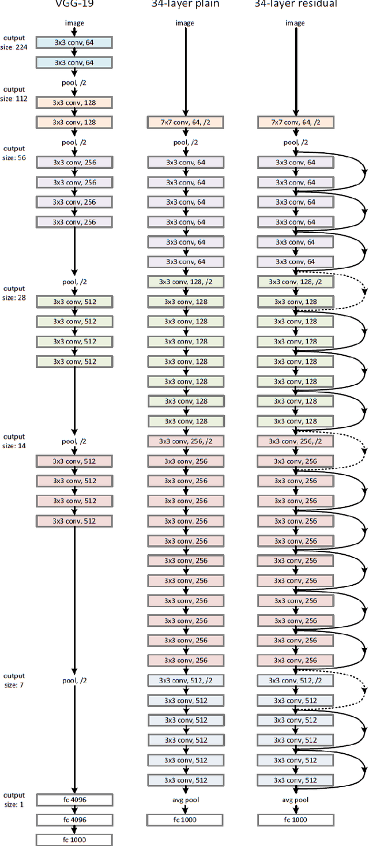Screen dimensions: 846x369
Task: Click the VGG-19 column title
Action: [74, 3]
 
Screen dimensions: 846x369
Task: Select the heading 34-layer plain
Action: [184, 3]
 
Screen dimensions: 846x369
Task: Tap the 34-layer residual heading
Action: [295, 3]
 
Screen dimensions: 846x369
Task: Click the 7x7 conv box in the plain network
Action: [184, 122]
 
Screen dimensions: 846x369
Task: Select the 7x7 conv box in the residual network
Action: [295, 122]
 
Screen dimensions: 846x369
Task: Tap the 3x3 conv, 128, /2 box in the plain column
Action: [184, 281]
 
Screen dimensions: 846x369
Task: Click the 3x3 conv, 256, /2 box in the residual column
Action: [295, 441]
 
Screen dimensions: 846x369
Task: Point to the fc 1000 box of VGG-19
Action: [74, 839]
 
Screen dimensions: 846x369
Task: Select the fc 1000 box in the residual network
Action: [295, 819]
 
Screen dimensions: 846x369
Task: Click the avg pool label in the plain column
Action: [184, 800]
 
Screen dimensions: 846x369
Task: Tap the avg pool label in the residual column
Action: [295, 800]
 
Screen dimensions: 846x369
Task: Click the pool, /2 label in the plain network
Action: [184, 142]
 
